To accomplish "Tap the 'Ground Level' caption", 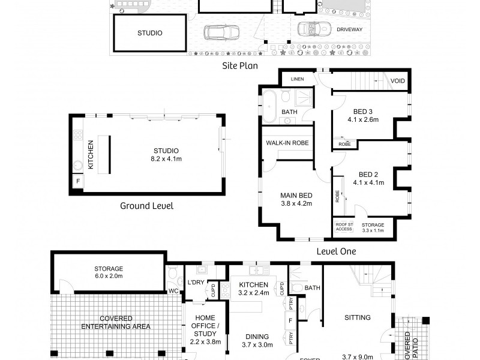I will pyautogui.click(x=147, y=206).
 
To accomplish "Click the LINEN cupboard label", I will pyautogui.click(x=298, y=79).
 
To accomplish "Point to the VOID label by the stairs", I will pyautogui.click(x=397, y=81).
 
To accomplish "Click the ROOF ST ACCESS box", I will pyautogui.click(x=344, y=227).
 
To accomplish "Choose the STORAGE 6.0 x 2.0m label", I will pyautogui.click(x=108, y=272).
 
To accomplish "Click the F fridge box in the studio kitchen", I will pyautogui.click(x=77, y=181).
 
